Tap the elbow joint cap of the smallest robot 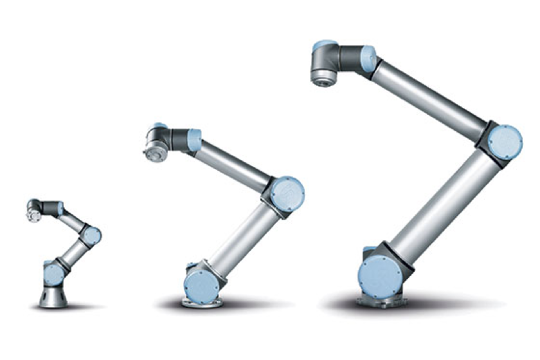click(x=92, y=235)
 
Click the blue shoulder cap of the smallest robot click(x=54, y=274)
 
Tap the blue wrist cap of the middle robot click(x=195, y=140)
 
